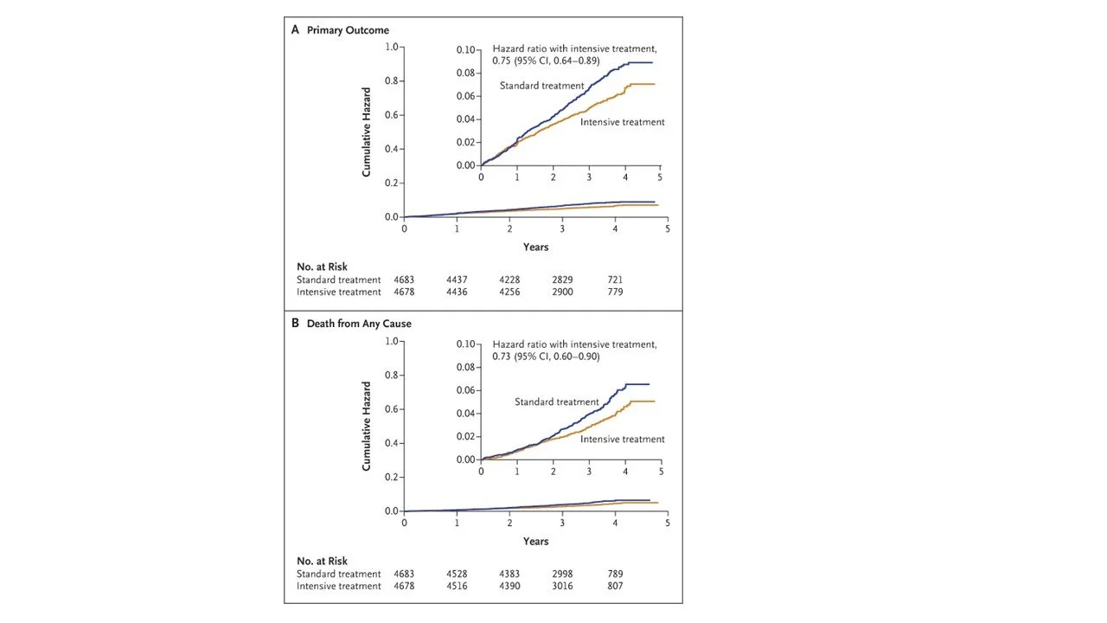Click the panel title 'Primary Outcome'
pyautogui.click(x=348, y=30)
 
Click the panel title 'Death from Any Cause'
pyautogui.click(x=359, y=324)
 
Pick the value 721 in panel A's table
pyautogui.click(x=615, y=279)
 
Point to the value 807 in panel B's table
pyautogui.click(x=615, y=586)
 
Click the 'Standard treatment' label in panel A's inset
pyautogui.click(x=541, y=86)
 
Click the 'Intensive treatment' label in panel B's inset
pyautogui.click(x=622, y=440)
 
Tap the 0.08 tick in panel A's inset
pyautogui.click(x=465, y=73)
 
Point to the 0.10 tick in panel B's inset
pyautogui.click(x=465, y=344)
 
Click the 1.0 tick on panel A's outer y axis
pyautogui.click(x=393, y=47)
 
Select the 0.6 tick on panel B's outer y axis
pyautogui.click(x=393, y=409)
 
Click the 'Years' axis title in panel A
pyautogui.click(x=535, y=247)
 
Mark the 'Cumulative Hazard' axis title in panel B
pyautogui.click(x=367, y=426)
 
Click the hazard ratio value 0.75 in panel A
pyautogui.click(x=503, y=61)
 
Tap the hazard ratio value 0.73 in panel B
pyautogui.click(x=503, y=356)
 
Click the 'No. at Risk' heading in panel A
pyautogui.click(x=322, y=267)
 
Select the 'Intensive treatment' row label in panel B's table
pyautogui.click(x=338, y=586)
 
